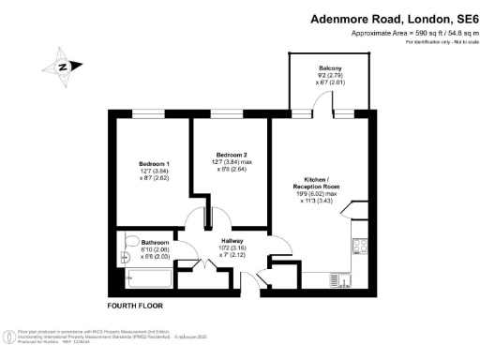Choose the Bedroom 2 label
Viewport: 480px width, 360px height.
pyautogui.click(x=231, y=154)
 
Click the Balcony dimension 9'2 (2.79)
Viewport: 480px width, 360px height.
pyautogui.click(x=329, y=75)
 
